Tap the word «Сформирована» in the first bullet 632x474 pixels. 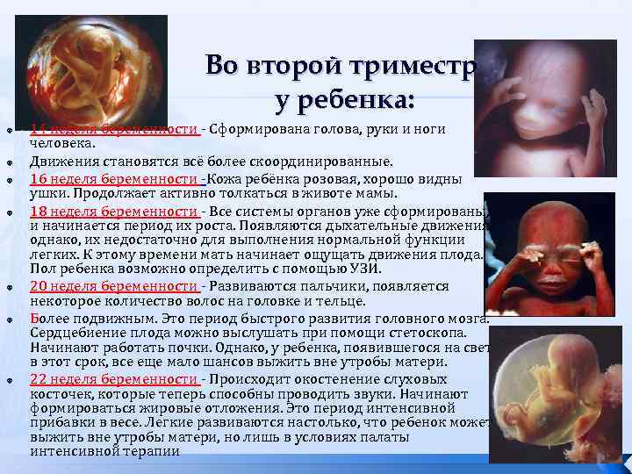coord(255,130)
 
